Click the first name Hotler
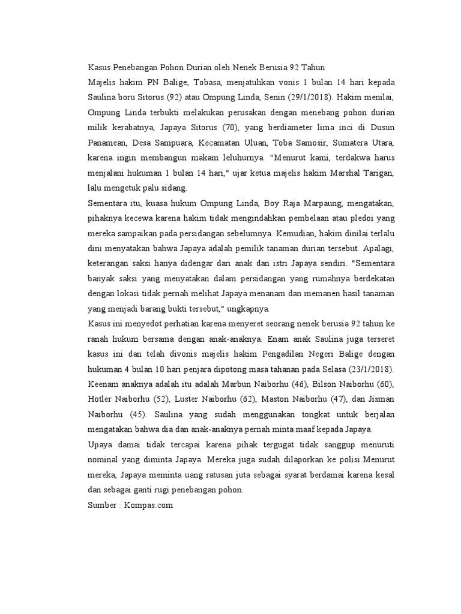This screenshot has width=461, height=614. tap(101, 399)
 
